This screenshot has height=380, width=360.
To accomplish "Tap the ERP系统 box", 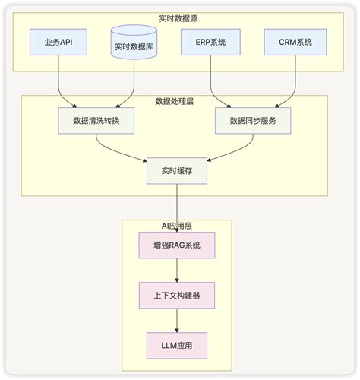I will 210,42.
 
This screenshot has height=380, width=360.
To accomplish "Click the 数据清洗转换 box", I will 95,120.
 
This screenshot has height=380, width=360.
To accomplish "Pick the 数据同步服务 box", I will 251,120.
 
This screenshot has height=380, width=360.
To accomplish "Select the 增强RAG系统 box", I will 176,245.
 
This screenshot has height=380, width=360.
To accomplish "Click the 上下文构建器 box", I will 176,295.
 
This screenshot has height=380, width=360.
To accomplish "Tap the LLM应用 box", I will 176,345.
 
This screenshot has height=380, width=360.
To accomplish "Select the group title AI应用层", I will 177,226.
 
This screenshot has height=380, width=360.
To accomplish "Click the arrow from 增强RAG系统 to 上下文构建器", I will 176,270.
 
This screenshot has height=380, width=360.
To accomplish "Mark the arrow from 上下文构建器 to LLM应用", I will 176,320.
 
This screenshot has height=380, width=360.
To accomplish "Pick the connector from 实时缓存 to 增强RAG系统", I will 176,209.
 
